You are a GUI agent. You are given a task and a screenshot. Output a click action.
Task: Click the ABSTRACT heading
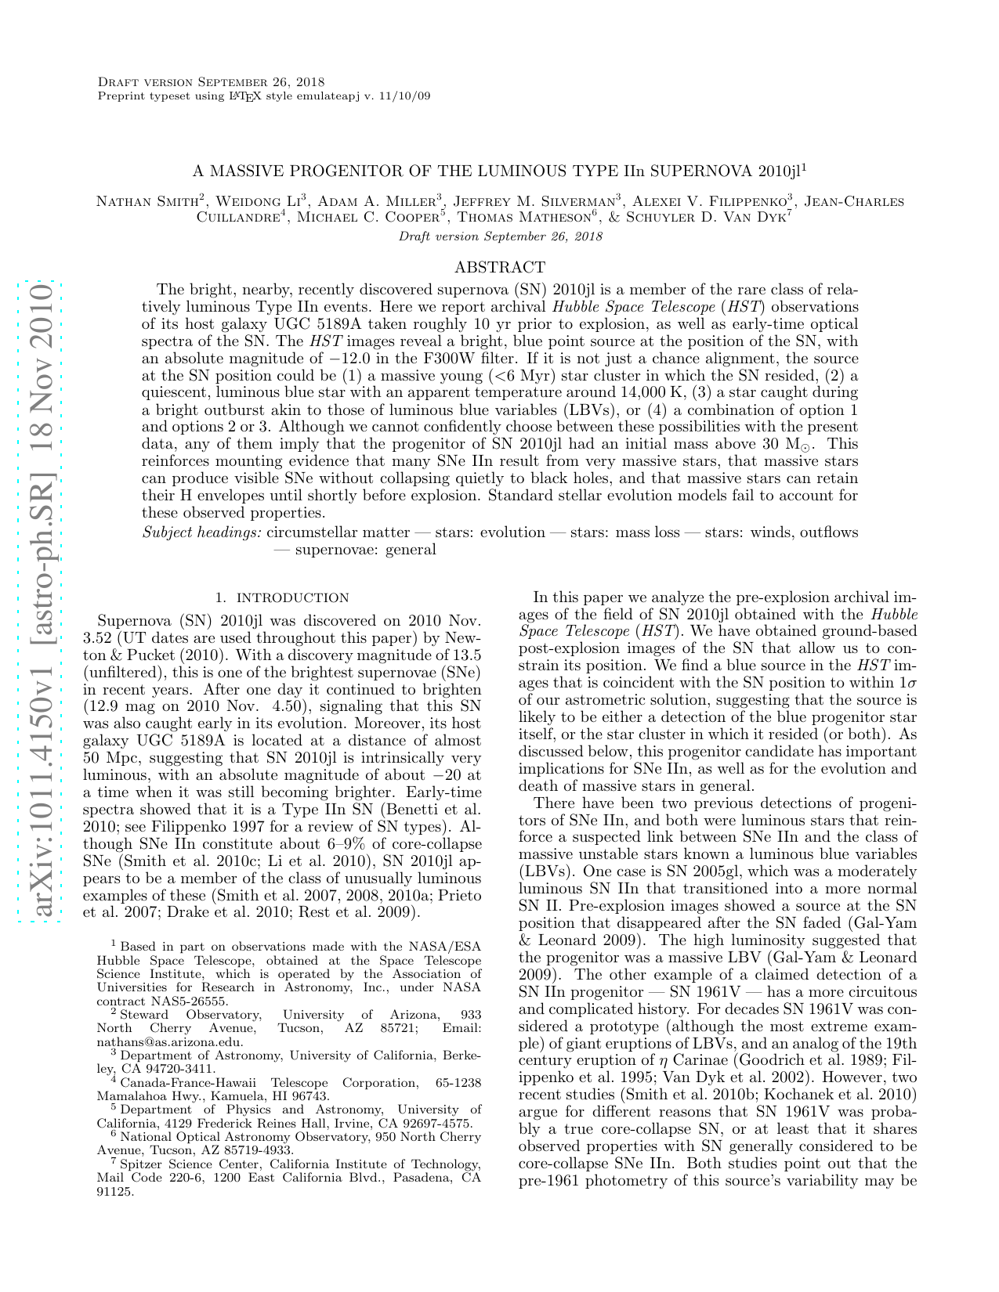499,267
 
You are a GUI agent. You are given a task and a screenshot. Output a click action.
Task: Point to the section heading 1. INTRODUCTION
282,597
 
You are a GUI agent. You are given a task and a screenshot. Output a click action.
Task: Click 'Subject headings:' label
201,532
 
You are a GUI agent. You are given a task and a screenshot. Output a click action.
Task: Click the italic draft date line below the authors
500,236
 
